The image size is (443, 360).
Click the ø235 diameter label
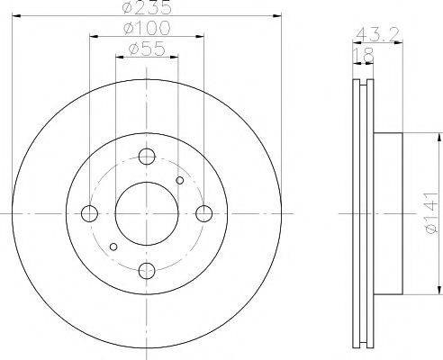pyautogui.click(x=147, y=9)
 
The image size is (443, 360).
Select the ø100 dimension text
pyautogui.click(x=147, y=31)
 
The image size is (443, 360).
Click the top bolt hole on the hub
pyautogui.click(x=148, y=156)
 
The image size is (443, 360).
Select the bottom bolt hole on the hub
pyautogui.click(x=148, y=271)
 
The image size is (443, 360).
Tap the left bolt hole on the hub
pyautogui.click(x=89, y=213)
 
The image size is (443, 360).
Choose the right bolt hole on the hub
pyautogui.click(x=204, y=213)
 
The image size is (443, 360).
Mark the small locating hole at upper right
pyautogui.click(x=179, y=181)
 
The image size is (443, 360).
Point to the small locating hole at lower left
pyautogui.click(x=113, y=246)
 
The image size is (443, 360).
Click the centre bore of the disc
pyautogui.click(x=147, y=213)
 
